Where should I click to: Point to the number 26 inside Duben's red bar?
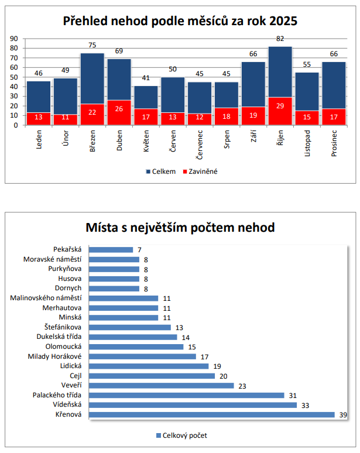click(119, 109)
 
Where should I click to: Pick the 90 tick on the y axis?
click(14, 39)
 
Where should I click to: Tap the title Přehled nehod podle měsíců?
click(180, 22)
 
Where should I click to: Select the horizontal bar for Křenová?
click(214, 414)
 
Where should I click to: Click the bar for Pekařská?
click(114, 250)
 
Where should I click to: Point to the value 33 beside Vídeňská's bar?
click(306, 405)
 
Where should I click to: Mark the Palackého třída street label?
click(57, 396)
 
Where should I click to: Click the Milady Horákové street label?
click(54, 356)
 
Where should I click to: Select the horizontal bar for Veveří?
click(163, 386)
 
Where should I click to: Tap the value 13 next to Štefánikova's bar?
click(179, 327)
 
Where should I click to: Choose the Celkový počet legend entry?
click(181, 435)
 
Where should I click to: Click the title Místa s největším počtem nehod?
click(180, 227)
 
